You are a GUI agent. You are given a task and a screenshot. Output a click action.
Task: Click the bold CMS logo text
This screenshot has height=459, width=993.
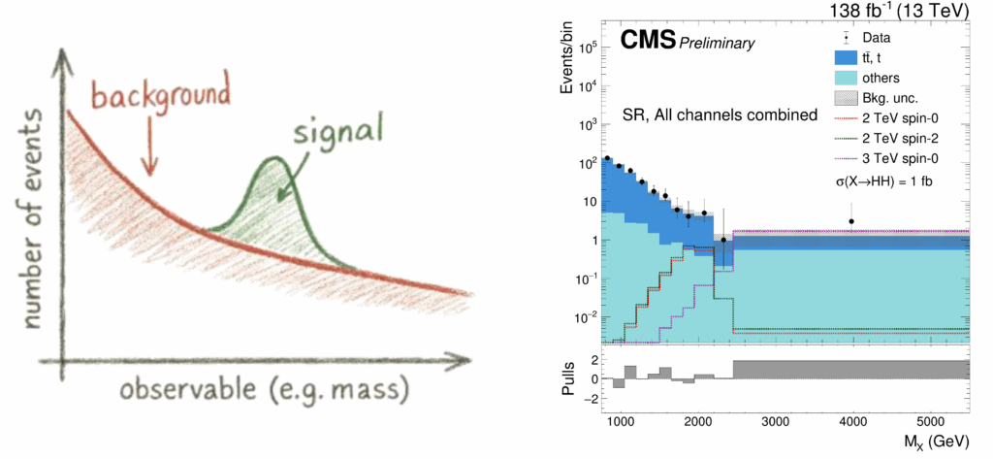[x=648, y=42]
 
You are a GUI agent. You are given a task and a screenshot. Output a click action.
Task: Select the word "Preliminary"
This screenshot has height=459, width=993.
[x=717, y=44]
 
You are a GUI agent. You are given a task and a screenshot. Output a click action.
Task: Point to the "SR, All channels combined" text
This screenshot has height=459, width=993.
[x=720, y=115]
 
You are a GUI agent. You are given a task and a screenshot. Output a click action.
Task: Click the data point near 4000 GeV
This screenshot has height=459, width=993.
[x=851, y=221]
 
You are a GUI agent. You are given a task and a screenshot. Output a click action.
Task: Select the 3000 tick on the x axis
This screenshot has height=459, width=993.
[x=773, y=422]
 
